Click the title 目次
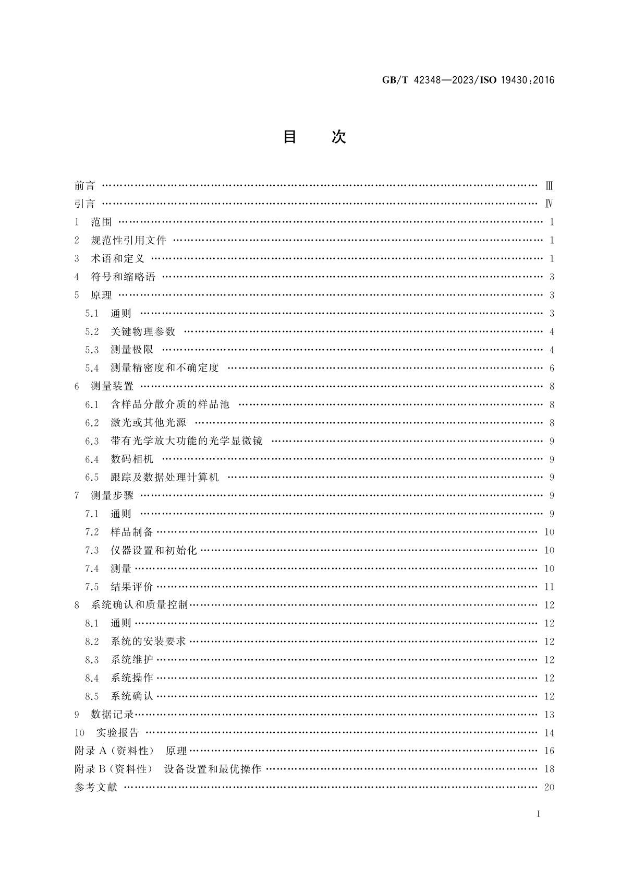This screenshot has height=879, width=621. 314,137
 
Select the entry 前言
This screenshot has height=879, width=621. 85,186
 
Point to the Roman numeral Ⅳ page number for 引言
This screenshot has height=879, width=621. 549,204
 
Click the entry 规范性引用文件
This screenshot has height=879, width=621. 128,240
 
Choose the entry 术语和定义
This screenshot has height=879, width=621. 118,258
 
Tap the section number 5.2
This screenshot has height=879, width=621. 92,331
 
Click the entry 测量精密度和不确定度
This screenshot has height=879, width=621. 165,368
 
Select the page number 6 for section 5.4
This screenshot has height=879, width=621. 552,368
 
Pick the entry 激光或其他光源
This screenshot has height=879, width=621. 148,423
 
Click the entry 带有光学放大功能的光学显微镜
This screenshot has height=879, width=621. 187,441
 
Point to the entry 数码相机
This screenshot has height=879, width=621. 132,459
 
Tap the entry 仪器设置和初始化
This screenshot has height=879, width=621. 154,550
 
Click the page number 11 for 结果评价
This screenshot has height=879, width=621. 549,587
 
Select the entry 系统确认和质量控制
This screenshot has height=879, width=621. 139,605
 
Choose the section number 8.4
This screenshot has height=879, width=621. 92,678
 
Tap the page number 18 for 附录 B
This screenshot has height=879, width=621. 549,769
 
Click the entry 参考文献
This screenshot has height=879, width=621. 96,787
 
